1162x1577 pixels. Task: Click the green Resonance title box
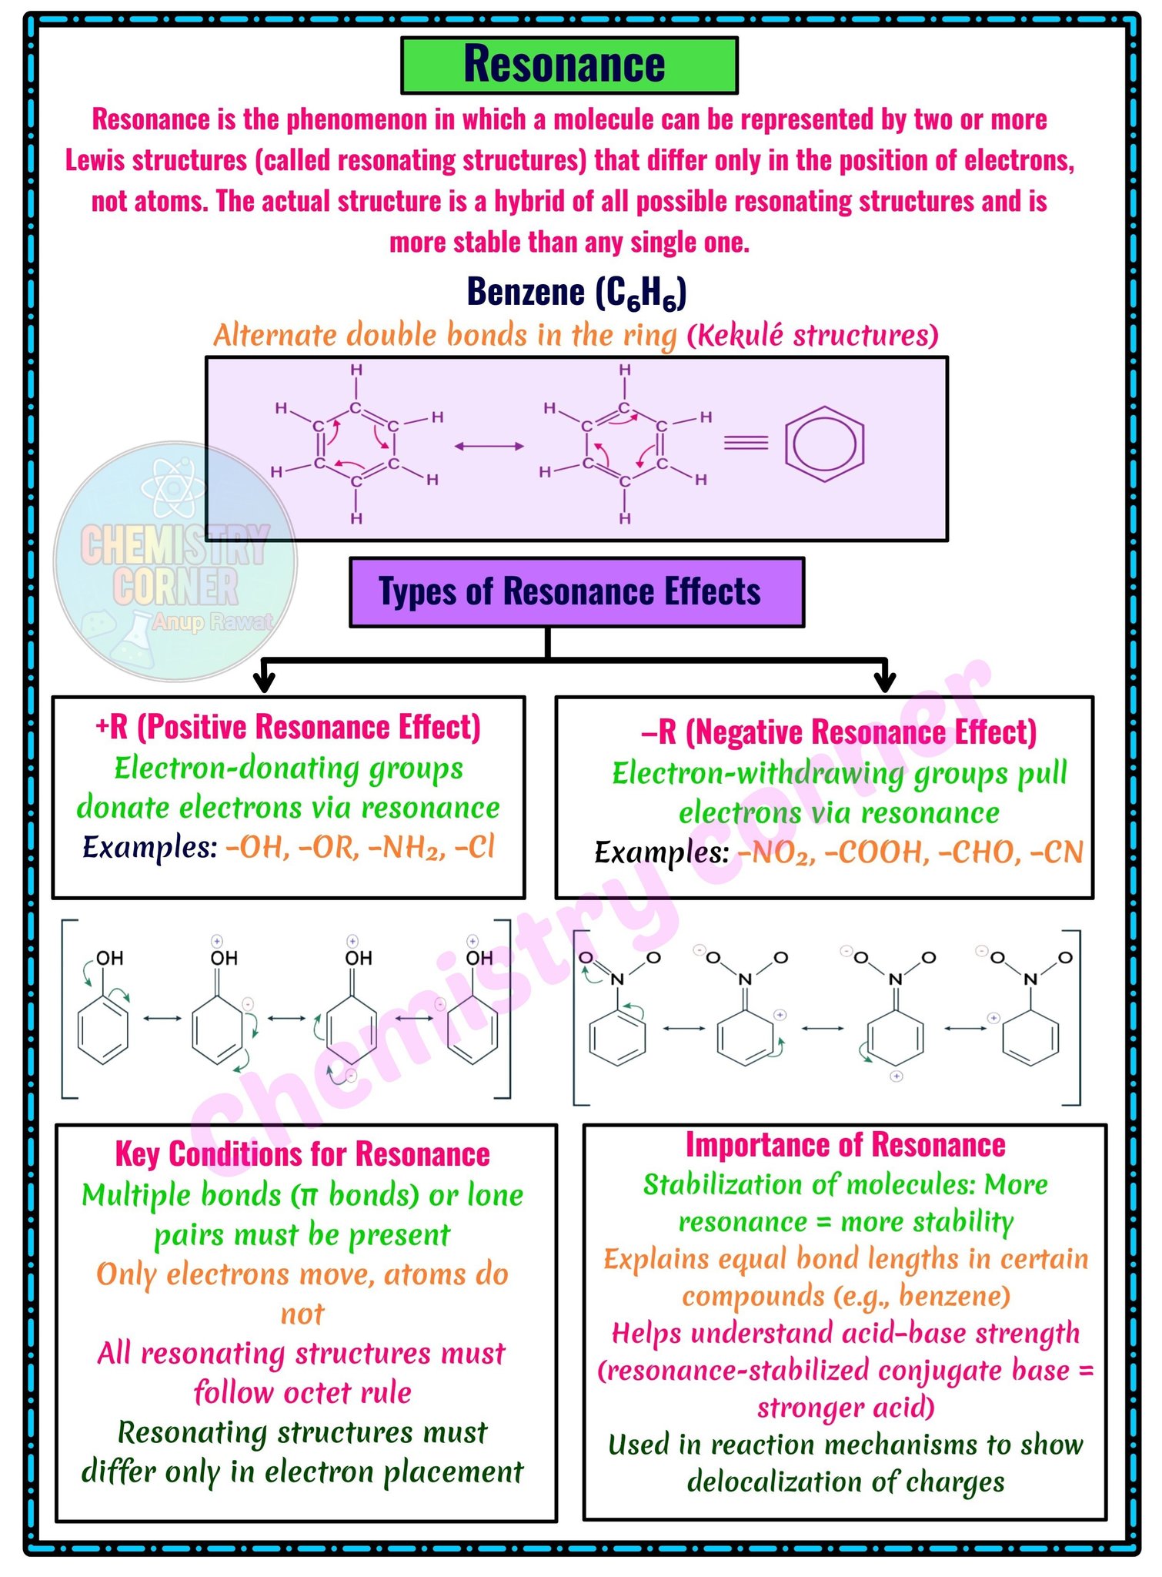click(569, 65)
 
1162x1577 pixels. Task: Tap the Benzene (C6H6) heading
click(576, 293)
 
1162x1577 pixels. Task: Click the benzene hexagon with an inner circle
click(824, 444)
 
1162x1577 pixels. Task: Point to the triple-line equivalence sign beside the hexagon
click(746, 442)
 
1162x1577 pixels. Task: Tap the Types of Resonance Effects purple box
click(576, 592)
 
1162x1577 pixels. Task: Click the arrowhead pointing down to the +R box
click(264, 681)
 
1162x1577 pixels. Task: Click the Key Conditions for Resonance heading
click(302, 1154)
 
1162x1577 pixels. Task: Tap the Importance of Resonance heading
click(845, 1145)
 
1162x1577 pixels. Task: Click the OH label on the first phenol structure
click(109, 958)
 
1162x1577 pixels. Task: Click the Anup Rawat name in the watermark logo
click(212, 621)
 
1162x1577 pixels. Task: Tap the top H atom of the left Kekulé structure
click(356, 370)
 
